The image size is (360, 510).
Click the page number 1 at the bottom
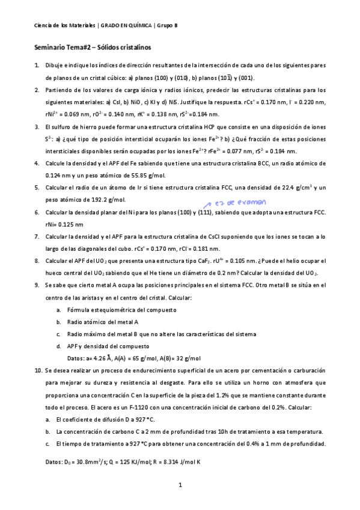(180, 484)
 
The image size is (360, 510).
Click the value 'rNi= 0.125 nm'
(66, 224)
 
